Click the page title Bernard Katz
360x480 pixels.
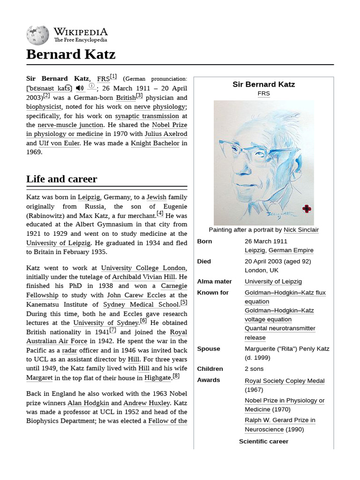point(71,54)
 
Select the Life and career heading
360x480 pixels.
point(62,179)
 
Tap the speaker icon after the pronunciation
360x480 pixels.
point(80,88)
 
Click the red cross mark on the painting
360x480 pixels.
point(307,209)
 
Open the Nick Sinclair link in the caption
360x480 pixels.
point(301,230)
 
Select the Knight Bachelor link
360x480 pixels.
point(155,143)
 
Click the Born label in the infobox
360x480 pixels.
point(204,241)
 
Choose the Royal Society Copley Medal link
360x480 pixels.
point(285,381)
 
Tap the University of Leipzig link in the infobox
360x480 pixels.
point(273,281)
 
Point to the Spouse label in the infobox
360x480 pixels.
point(209,349)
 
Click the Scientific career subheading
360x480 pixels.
point(263,442)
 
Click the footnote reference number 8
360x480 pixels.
point(176,376)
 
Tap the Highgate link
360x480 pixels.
point(157,378)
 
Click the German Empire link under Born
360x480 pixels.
point(291,250)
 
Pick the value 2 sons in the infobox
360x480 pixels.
point(254,369)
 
